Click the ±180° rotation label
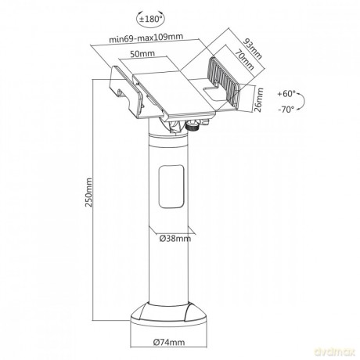coord(150,19)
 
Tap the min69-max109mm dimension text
coord(146,38)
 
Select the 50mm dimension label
coord(142,54)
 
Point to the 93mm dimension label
coord(252,49)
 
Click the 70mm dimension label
coord(244,60)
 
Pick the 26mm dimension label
coord(259,100)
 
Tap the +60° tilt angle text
coord(286,94)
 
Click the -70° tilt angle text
coord(286,110)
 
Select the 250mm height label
coord(89,193)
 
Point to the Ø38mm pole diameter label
coord(175,239)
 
